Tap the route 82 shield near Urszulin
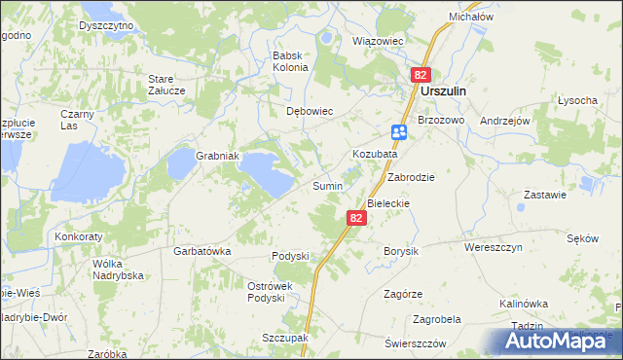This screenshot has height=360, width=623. click(421, 74)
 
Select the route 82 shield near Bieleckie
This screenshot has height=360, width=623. click(356, 219)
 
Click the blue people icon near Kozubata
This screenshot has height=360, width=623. click(399, 132)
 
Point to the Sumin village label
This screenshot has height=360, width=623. click(326, 185)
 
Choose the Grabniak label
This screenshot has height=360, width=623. click(218, 156)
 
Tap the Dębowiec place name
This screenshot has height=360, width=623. click(310, 111)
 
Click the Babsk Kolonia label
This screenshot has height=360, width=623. click(290, 61)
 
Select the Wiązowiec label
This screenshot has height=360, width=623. click(377, 42)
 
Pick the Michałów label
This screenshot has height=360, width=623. click(471, 18)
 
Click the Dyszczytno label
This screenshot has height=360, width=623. click(106, 23)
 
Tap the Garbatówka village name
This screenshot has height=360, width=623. click(202, 251)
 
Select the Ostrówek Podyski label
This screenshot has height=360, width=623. click(265, 292)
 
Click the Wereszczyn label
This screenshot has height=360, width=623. click(494, 248)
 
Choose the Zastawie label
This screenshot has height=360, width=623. click(545, 195)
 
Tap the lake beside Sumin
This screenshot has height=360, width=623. click(267, 171)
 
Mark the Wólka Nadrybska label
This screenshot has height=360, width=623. click(118, 270)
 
